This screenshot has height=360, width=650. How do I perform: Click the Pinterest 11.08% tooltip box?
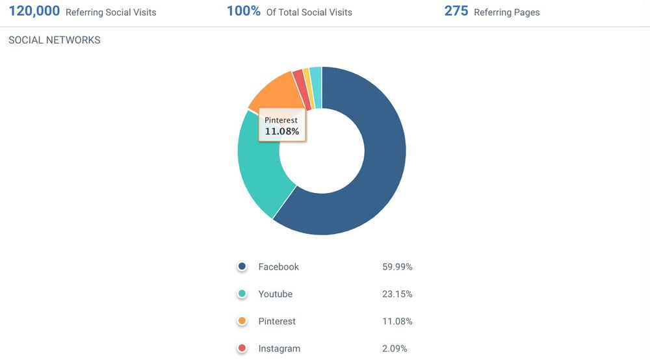point(282,126)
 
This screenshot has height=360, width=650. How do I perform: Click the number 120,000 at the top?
point(34,11)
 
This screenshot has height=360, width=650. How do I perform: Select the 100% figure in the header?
point(244,11)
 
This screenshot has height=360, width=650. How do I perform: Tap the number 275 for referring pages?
point(456,11)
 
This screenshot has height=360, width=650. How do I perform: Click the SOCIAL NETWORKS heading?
point(55,40)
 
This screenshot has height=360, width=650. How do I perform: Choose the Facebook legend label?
point(278,267)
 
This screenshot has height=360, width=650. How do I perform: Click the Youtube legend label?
point(275,294)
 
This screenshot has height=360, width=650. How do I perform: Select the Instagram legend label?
point(279,349)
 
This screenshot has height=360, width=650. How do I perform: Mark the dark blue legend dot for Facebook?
point(242,266)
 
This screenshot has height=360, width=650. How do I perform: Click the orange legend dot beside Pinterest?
point(242,321)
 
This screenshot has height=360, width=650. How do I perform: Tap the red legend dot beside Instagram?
point(242,348)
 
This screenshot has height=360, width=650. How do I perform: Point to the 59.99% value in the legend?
point(397,267)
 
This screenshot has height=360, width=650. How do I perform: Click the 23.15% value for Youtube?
point(397,294)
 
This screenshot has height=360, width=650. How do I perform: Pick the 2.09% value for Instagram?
point(395,349)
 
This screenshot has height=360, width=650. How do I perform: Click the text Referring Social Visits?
point(110,12)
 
